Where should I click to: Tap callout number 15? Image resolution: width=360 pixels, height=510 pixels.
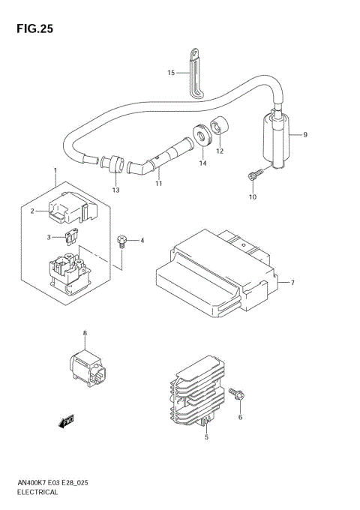(x=170, y=73)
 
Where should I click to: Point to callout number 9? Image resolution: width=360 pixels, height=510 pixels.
(x=306, y=135)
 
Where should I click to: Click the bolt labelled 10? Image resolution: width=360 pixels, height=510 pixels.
(x=253, y=175)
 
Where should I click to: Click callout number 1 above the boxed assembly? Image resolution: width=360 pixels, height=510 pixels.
(x=55, y=172)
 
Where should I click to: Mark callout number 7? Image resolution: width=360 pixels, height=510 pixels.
(x=292, y=283)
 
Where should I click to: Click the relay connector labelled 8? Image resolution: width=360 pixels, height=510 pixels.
(x=85, y=362)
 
